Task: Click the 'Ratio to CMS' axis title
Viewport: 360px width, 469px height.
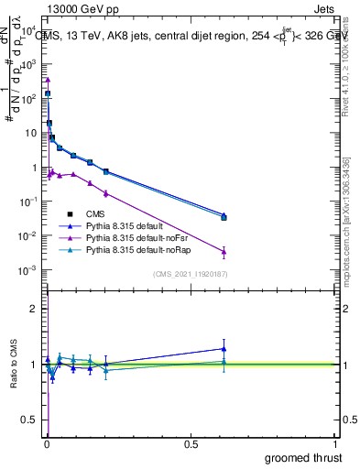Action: coord(13,365)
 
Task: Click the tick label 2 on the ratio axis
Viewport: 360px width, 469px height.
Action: coord(37,309)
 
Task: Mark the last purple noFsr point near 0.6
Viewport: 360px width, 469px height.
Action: coord(224,251)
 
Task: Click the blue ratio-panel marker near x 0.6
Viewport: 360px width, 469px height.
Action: coord(224,348)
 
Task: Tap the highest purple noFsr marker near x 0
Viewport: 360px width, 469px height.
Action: coord(48,80)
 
